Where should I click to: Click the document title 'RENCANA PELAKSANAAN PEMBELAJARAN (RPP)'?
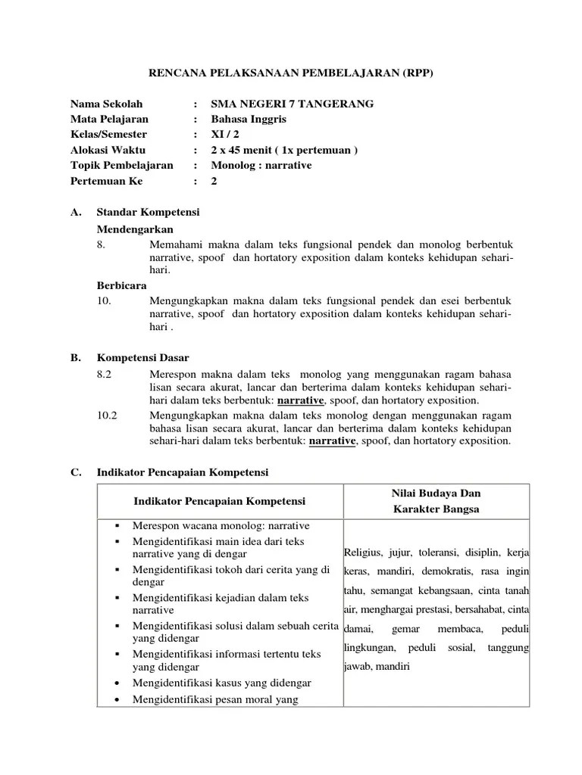[291, 73]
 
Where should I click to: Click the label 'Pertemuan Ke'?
[106, 181]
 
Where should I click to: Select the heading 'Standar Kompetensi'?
[148, 213]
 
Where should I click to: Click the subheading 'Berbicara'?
[121, 285]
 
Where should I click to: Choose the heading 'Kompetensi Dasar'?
[143, 357]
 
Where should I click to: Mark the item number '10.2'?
[108, 415]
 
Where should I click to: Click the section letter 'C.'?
[76, 472]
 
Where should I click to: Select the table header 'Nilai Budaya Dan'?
[436, 493]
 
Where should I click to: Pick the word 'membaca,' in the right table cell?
[457, 630]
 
